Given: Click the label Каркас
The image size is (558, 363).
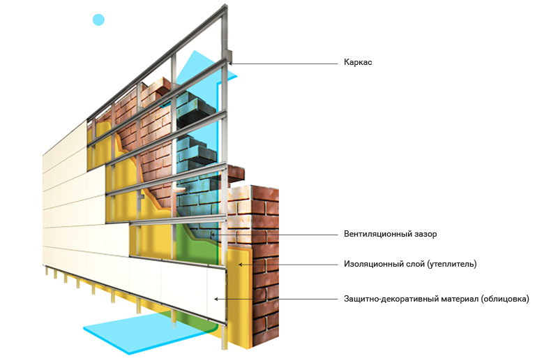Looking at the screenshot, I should (358, 63).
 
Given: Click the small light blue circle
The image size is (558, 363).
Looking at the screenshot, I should (98, 20).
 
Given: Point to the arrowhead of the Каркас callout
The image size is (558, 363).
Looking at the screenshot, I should (231, 64).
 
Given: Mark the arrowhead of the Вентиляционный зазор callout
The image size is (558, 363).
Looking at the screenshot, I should (222, 235).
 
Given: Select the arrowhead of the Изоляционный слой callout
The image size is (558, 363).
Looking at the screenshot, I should (240, 265).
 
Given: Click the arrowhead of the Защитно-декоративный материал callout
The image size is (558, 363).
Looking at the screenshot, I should (217, 299).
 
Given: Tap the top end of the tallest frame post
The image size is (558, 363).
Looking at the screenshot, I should (225, 8).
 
